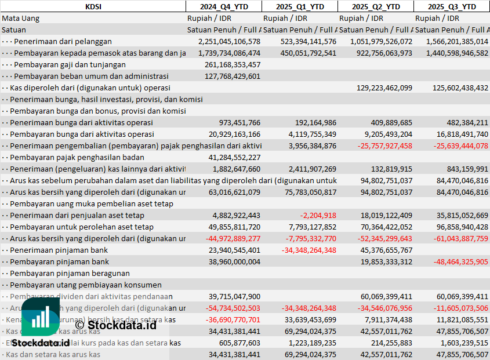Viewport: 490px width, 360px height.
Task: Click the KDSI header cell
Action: tap(93, 6)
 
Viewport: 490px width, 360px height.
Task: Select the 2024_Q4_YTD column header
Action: tap(223, 6)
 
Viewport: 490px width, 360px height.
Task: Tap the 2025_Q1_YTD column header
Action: tap(299, 6)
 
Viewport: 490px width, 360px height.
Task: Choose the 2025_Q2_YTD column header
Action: tap(376, 6)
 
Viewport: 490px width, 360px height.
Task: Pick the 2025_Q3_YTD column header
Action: tap(452, 6)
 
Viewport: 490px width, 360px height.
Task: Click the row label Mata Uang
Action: tap(21, 18)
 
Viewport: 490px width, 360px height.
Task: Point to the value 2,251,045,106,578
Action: tap(229, 41)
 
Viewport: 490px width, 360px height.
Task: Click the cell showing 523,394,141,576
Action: tap(300, 41)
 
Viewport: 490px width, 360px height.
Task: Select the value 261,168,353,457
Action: tap(233, 64)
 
